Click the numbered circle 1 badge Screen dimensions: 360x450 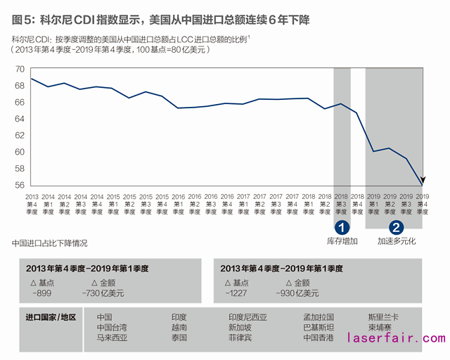(342, 227)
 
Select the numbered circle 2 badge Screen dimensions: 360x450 (397, 227)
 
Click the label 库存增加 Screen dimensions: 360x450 (342, 241)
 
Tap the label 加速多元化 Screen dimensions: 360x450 (397, 241)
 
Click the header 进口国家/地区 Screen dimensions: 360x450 (50, 318)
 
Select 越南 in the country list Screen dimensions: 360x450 (179, 328)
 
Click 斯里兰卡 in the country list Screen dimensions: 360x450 (385, 318)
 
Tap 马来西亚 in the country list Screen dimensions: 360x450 (112, 337)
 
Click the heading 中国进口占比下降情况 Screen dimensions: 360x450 (50, 243)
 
